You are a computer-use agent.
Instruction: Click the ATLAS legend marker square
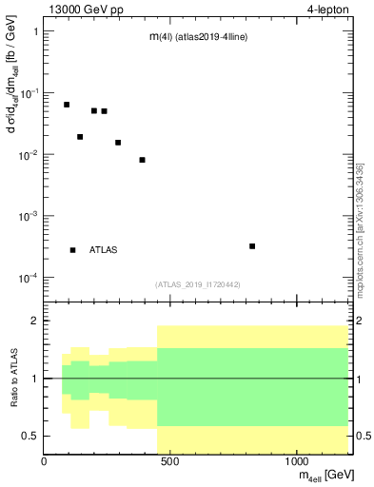tap(73, 250)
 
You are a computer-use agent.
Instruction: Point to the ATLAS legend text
tap(104, 250)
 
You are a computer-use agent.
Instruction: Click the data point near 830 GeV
tap(252, 246)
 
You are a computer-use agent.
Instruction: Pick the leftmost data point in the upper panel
tap(67, 105)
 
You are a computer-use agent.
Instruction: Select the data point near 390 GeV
tap(142, 160)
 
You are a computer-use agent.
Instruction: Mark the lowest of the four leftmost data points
tap(80, 137)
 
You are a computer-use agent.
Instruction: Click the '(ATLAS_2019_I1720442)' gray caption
tap(197, 284)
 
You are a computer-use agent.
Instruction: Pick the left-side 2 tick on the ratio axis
tap(33, 321)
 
